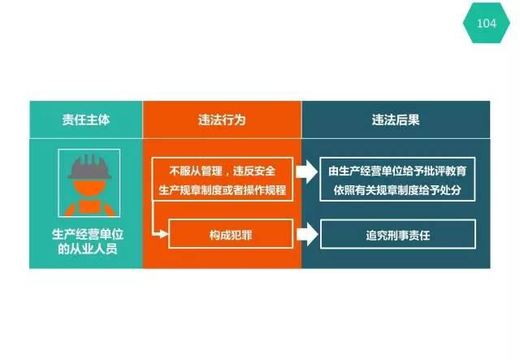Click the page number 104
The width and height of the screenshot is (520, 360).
[486, 24]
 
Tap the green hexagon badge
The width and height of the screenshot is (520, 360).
[486, 23]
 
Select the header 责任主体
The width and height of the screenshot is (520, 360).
[86, 119]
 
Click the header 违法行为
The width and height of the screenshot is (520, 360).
[222, 119]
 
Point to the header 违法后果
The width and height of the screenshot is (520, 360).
[396, 119]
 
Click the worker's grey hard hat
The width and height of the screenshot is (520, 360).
[89, 167]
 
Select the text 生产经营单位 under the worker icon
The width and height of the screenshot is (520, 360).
[88, 234]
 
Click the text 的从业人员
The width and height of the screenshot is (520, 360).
[88, 249]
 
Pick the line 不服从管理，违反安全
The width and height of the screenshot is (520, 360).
[222, 171]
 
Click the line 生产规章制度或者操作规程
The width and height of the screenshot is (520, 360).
[222, 190]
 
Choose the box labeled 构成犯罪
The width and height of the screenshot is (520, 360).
[231, 234]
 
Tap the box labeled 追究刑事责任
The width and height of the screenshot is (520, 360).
[398, 234]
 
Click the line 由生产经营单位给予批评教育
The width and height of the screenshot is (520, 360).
[397, 171]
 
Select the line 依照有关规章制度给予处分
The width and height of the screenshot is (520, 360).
[397, 190]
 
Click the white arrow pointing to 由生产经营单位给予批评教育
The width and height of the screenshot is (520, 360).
[307, 171]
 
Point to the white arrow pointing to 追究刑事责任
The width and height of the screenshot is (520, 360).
[307, 234]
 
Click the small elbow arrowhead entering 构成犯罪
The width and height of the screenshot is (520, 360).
[164, 234]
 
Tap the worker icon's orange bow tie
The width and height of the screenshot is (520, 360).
[89, 206]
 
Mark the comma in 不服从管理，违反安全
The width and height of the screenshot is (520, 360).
[227, 175]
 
